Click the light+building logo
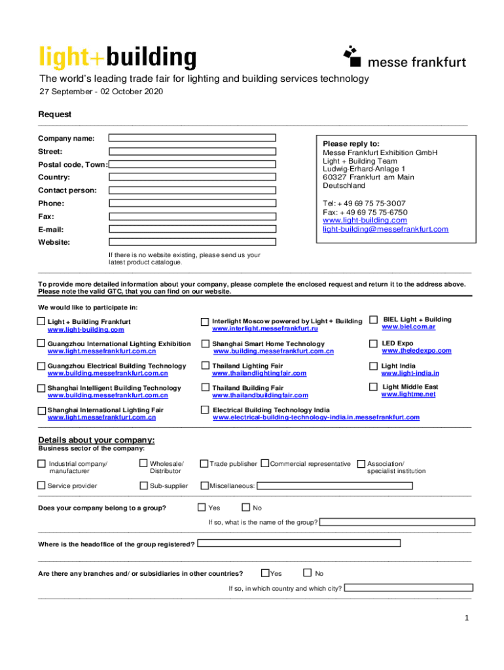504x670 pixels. (118, 57)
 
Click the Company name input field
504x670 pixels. (192, 138)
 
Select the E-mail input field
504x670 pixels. (192, 229)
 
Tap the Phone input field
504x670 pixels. (192, 203)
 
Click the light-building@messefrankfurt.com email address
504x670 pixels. (386, 229)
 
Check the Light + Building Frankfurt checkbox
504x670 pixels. (41, 321)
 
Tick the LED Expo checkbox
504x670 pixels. (373, 344)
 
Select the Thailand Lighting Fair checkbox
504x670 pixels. (205, 366)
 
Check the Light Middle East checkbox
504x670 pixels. (373, 387)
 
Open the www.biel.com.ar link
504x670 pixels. (408, 327)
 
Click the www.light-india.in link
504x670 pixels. (410, 373)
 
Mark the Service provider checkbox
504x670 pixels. (41, 485)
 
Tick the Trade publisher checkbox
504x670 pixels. (204, 464)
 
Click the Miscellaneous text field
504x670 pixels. (334, 485)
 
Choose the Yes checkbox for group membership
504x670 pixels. (202, 507)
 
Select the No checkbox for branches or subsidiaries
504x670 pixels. (308, 573)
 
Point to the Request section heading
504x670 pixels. (55, 114)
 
